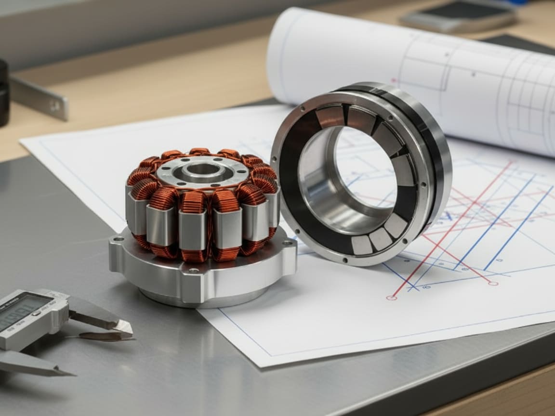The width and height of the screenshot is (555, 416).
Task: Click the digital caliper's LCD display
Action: click(x=19, y=311)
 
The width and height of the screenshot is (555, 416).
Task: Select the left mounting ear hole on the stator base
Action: click(x=114, y=239)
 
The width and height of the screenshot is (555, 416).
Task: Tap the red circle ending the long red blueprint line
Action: click(x=391, y=298)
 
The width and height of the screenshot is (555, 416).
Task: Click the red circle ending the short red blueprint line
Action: click(x=492, y=284)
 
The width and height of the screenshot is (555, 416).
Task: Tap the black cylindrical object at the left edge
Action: click(x=3, y=91)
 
